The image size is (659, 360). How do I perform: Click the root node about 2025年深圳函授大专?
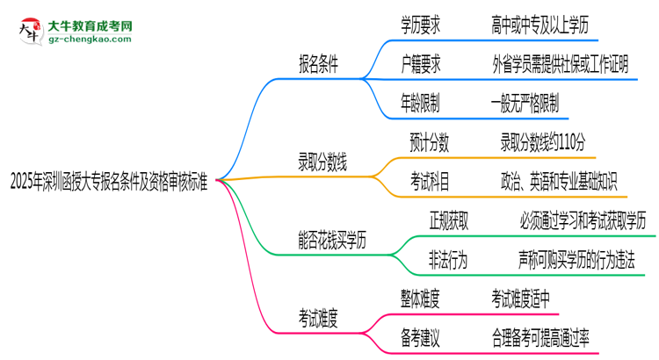coord(108,182)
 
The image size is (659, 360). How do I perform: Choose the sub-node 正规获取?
coord(448,220)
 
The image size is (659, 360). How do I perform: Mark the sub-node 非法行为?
coord(448,258)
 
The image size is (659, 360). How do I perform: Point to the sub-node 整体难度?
coord(421,297)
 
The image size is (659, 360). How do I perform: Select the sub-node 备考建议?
coord(421,335)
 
